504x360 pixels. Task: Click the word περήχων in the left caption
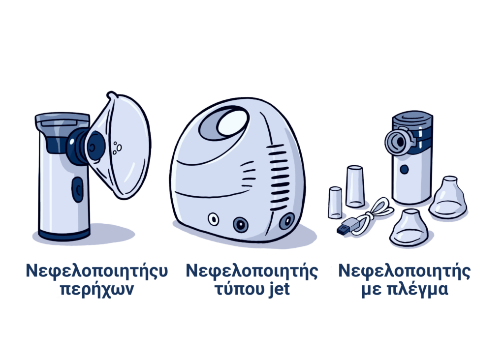[97, 289]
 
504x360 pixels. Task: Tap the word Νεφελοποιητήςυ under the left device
[97, 270]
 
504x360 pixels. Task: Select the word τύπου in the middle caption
[239, 289]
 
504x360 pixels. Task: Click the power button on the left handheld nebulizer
[77, 190]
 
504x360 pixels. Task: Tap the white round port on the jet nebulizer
[213, 220]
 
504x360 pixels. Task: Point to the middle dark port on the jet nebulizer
[240, 224]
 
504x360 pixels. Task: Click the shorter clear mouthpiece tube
[335, 203]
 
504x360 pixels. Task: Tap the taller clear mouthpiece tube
[355, 186]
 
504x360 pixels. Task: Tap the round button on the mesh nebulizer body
[404, 169]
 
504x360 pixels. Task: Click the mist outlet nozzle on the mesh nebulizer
[397, 141]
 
